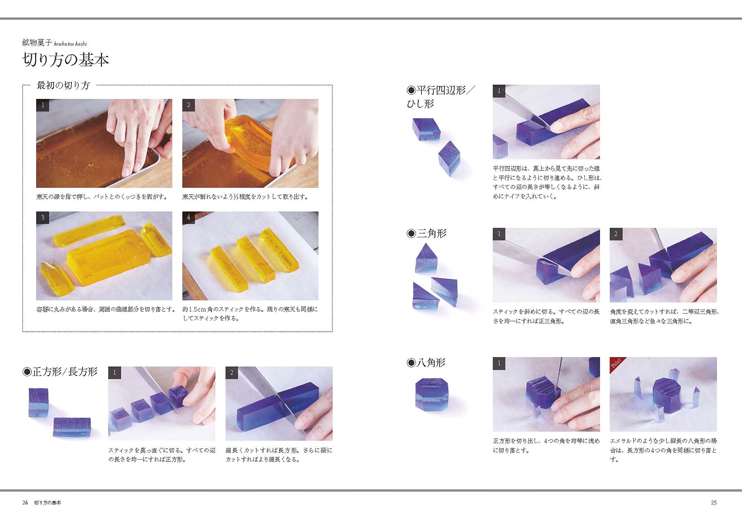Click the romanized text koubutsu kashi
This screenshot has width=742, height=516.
[70, 44]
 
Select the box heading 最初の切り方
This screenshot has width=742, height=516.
[63, 85]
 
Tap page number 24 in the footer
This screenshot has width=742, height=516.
[25, 502]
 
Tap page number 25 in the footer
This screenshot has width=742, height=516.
[713, 502]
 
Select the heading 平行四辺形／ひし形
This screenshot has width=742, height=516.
[440, 96]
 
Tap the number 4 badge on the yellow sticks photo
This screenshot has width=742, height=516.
[188, 217]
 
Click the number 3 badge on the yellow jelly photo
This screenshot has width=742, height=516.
[43, 217]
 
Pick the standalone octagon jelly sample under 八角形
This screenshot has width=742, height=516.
[431, 394]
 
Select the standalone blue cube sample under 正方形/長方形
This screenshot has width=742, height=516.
[39, 402]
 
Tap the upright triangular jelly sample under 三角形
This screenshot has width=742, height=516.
[426, 259]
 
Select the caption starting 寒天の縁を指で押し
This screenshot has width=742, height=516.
[102, 197]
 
